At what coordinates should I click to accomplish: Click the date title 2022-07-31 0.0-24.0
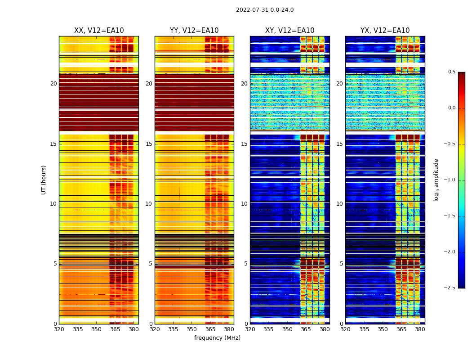click(265, 10)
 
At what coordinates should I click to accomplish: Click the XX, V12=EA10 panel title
click(99, 31)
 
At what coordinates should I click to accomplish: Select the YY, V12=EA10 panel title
click(194, 31)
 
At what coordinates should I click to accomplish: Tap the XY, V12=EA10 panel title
click(289, 31)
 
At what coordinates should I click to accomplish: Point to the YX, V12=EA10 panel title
click(385, 31)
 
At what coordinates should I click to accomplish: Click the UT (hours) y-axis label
click(44, 180)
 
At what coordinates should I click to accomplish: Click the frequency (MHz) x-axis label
click(217, 338)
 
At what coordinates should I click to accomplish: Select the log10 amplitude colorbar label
click(436, 180)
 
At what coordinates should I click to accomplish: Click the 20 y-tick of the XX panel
click(53, 84)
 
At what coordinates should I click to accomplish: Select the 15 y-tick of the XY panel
click(244, 144)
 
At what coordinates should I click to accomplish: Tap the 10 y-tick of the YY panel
click(149, 204)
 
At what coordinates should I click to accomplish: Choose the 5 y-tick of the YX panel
click(342, 264)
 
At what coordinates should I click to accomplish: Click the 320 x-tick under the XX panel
click(59, 329)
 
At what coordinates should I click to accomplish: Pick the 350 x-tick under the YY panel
click(192, 329)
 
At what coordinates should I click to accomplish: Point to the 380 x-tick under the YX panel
click(420, 329)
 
